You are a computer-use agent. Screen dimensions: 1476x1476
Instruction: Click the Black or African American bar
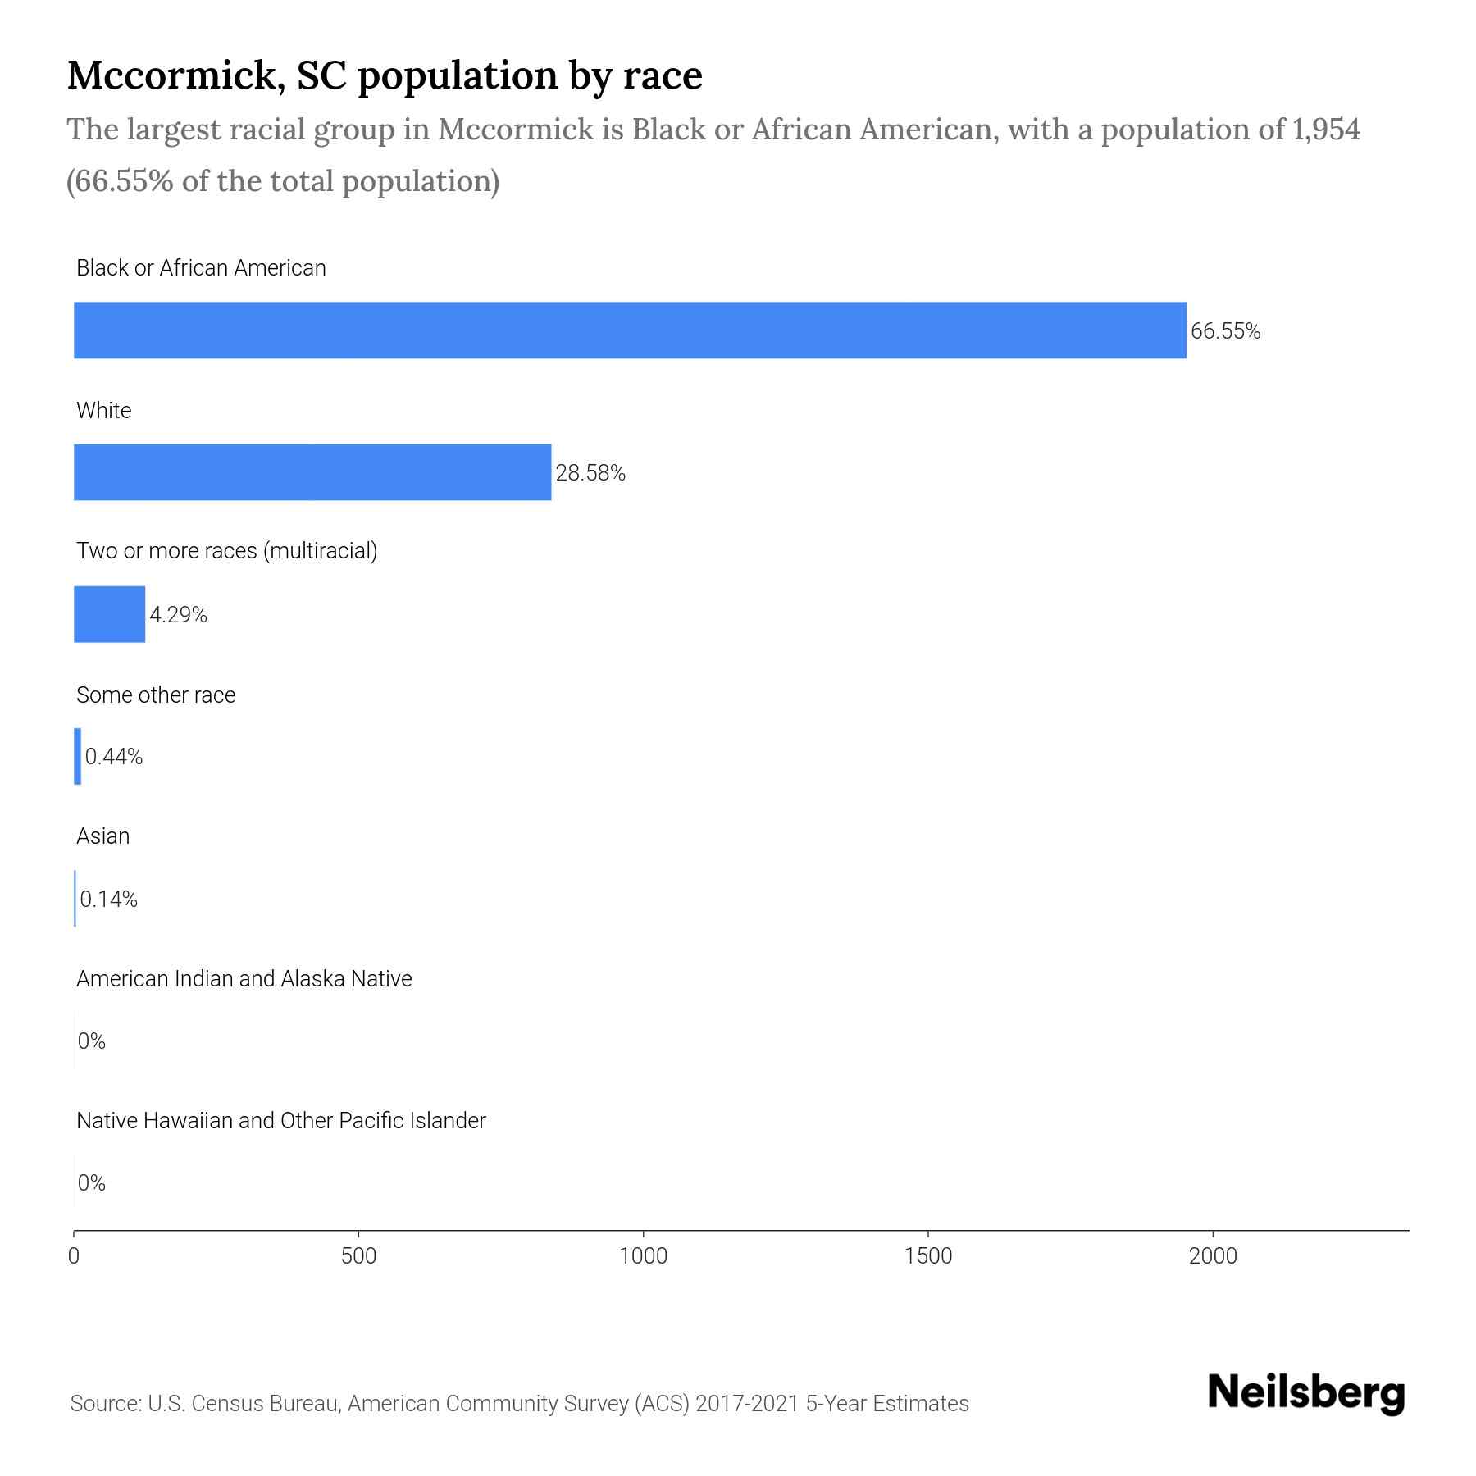coord(630,330)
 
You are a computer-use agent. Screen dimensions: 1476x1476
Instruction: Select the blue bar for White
coord(312,472)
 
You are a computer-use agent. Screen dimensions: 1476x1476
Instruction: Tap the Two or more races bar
coord(109,614)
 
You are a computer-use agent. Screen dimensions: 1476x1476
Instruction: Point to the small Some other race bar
coord(78,756)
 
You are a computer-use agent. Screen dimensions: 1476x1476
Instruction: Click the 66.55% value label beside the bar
coord(1225,331)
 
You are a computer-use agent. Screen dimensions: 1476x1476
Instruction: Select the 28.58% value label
coord(590,473)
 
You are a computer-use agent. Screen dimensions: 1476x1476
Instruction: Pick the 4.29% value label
coord(178,615)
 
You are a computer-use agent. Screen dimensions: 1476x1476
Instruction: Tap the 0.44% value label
coord(114,757)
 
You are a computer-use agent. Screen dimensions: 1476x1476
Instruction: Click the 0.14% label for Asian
coord(108,900)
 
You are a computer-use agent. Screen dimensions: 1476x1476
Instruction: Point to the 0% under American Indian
coord(91,1041)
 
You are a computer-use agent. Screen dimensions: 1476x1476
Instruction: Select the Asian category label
coord(102,836)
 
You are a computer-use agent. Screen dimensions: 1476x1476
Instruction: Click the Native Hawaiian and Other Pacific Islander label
coord(280,1120)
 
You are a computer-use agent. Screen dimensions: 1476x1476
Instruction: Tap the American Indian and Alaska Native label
coord(244,978)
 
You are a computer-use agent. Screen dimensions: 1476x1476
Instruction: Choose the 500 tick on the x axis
coord(358,1256)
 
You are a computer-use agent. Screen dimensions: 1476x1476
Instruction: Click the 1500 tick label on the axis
coord(928,1256)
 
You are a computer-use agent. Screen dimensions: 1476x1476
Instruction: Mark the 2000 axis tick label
coord(1213,1256)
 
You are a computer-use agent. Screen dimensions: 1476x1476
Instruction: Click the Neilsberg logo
coord(1306,1393)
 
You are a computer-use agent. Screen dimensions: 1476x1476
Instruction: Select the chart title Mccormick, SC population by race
coord(384,75)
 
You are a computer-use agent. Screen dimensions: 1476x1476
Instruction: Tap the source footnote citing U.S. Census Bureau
coord(519,1404)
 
